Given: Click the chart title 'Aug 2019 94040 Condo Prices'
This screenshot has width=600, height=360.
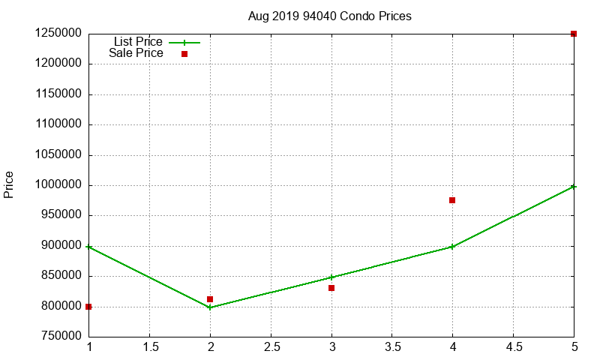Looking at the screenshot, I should (329, 16).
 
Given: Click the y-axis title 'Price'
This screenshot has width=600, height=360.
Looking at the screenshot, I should (9, 184).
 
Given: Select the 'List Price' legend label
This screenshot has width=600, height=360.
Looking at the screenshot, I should (138, 42).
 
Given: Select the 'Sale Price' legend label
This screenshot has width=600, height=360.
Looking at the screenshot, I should (136, 53).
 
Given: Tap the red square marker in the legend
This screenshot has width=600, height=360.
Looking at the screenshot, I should (184, 54).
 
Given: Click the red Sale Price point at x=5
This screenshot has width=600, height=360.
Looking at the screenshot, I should (574, 34).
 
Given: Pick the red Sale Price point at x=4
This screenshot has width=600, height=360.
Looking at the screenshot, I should (452, 200).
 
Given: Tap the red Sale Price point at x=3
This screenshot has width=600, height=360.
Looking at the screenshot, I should (331, 288).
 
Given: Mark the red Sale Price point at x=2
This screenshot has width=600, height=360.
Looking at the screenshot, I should (210, 299).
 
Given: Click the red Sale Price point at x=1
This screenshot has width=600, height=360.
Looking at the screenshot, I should (88, 307).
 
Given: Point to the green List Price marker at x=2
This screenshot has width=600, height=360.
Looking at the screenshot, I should (210, 307).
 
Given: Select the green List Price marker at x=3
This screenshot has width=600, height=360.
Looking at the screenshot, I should (331, 277).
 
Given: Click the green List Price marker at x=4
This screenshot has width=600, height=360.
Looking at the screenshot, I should (452, 247).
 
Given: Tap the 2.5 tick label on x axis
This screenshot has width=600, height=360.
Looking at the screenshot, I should (271, 347).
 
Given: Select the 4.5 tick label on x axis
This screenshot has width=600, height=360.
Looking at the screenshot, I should (513, 347).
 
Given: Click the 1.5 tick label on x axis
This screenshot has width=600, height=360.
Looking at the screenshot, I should (149, 347).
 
